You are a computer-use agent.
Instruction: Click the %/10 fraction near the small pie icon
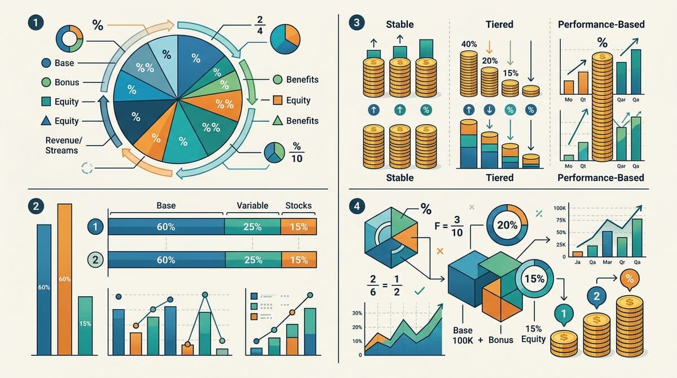click(296, 152)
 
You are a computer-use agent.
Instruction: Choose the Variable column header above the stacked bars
click(252, 205)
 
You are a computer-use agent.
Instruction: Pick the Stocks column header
click(298, 205)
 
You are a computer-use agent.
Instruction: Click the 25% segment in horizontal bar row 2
click(252, 260)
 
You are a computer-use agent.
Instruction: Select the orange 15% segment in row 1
click(298, 227)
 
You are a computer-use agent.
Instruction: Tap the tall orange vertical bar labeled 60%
click(65, 279)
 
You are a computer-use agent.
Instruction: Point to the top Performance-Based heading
click(600, 24)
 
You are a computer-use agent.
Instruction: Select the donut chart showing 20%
click(507, 224)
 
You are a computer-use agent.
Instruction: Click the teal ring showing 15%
click(533, 278)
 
